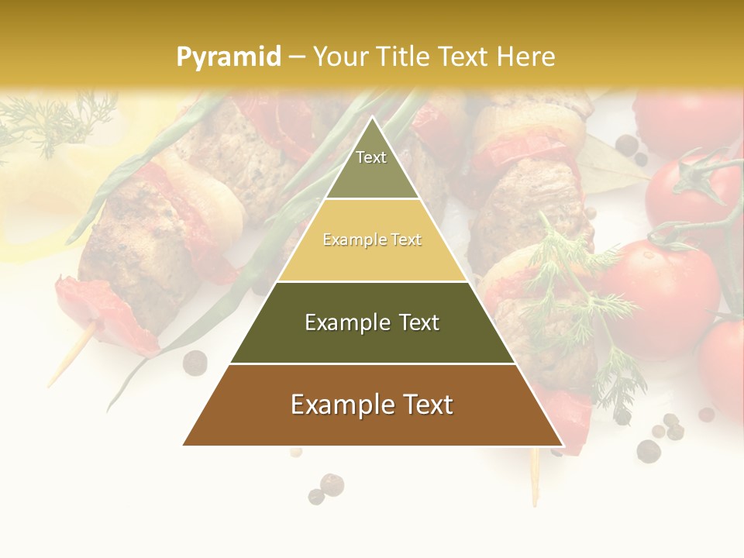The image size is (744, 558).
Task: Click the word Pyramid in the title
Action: [228, 57]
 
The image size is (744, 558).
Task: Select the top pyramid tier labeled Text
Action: [371, 167]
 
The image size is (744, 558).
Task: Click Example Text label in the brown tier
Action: [372, 405]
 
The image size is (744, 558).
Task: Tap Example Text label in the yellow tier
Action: [372, 240]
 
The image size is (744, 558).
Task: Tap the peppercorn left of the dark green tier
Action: [195, 362]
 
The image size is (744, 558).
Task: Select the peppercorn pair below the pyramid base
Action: [325, 489]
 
